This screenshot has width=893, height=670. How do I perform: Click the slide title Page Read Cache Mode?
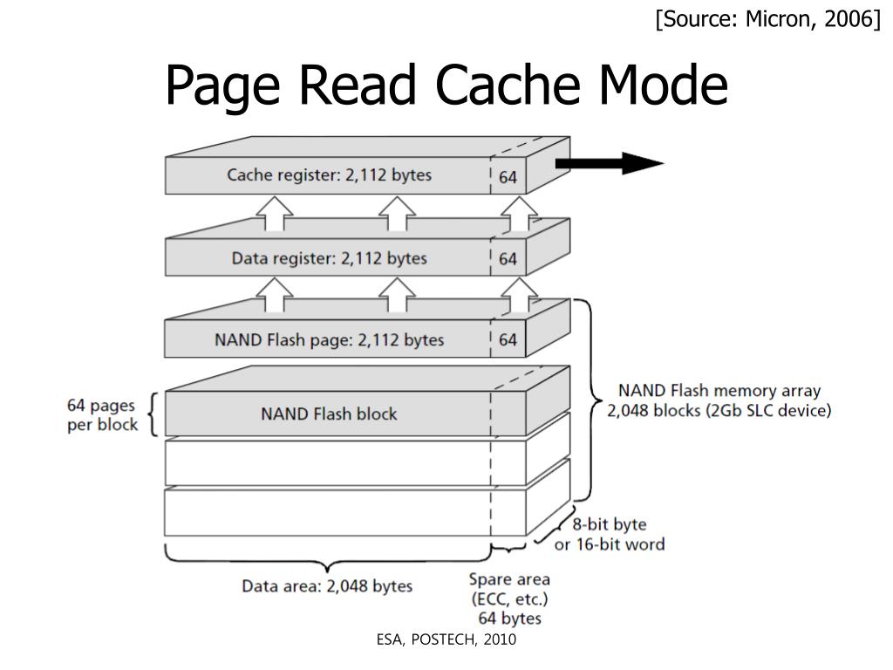tap(446, 85)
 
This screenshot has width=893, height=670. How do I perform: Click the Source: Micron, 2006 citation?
tap(768, 19)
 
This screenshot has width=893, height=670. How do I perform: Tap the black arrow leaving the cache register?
tap(610, 163)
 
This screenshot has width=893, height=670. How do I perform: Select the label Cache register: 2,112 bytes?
tap(329, 175)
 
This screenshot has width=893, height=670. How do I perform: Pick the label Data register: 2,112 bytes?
tap(329, 258)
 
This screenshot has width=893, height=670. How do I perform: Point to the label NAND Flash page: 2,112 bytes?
tap(329, 339)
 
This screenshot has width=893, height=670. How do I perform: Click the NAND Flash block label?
tap(329, 413)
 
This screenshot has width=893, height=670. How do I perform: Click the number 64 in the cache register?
tap(508, 177)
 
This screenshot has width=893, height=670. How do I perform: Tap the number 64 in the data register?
tap(508, 259)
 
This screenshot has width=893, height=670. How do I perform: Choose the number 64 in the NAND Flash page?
tap(508, 340)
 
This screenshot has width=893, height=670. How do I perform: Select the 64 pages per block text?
tap(102, 415)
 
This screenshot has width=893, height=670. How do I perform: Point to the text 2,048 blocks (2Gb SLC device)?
tap(719, 411)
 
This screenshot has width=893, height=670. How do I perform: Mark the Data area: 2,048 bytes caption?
tap(327, 585)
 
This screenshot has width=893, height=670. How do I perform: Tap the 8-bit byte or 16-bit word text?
tap(609, 535)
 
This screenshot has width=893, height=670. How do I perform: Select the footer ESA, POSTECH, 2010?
tap(446, 640)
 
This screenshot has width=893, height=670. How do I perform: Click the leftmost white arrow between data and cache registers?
tap(276, 214)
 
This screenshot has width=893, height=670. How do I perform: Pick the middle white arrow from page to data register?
tap(397, 296)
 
